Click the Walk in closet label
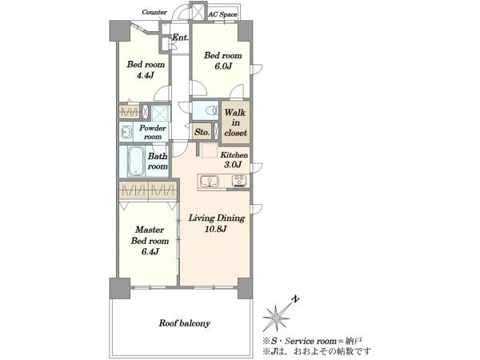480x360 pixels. pos(235,122)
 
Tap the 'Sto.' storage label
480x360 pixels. pos(202,132)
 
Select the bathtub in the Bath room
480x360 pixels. pos(136,161)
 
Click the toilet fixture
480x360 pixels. pos(212,110)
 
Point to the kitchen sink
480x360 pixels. pos(210,181)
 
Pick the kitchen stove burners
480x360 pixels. pos(239,181)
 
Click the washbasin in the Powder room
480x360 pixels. pos(126,132)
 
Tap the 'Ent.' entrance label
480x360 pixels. pos(180,38)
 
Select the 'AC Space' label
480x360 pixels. pos(222,14)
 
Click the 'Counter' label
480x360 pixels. pos(154,12)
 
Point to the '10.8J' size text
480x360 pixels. pos(216,229)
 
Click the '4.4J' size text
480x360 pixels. pos(146,75)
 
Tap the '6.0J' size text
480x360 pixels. pos(223,66)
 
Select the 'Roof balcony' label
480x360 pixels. pos(184,323)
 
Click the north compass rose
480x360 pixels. pos(276,318)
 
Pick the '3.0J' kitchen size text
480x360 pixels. pos(233,165)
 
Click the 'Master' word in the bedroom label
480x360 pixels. pos(150,230)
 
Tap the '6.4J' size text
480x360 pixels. pos(150,252)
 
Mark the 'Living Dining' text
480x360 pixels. pos(217,218)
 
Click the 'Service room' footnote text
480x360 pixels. pos(310,341)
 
